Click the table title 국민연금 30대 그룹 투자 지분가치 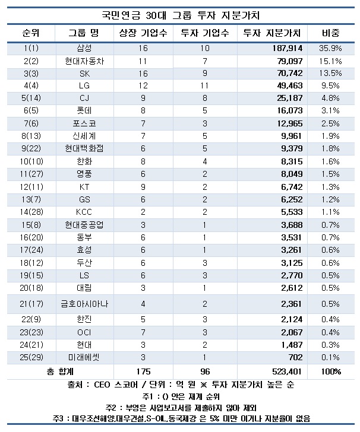point(181,13)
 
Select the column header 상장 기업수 point(140,32)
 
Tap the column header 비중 point(330,32)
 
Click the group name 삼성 point(84,48)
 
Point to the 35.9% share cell point(330,48)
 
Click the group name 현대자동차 point(84,61)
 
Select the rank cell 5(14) point(30,98)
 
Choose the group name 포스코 point(84,123)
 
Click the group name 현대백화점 point(84,148)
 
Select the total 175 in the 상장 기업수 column point(140,371)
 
